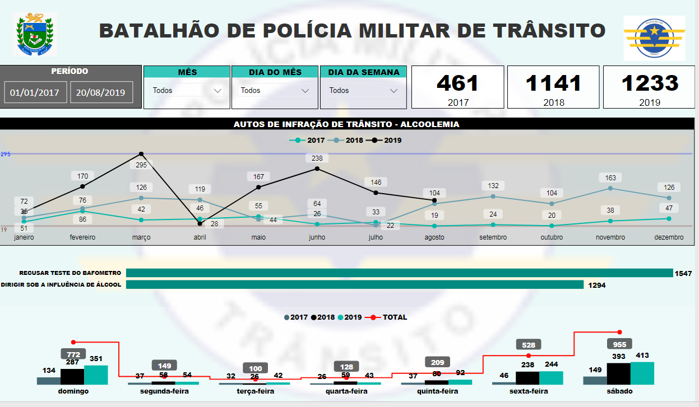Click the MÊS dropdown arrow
click(x=218, y=90)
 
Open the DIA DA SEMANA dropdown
click(x=363, y=90)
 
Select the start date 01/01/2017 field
click(x=35, y=93)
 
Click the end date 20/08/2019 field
click(x=101, y=93)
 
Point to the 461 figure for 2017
click(x=458, y=83)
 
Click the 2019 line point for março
click(x=141, y=154)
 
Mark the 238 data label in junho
click(x=317, y=158)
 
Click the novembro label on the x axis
click(x=610, y=237)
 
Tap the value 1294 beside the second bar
click(x=596, y=285)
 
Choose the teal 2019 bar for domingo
click(x=95, y=375)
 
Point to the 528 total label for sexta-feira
click(x=529, y=345)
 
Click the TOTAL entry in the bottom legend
click(x=395, y=317)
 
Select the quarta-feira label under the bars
click(x=346, y=391)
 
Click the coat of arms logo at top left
click(x=35, y=35)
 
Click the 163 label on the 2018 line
click(x=610, y=178)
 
